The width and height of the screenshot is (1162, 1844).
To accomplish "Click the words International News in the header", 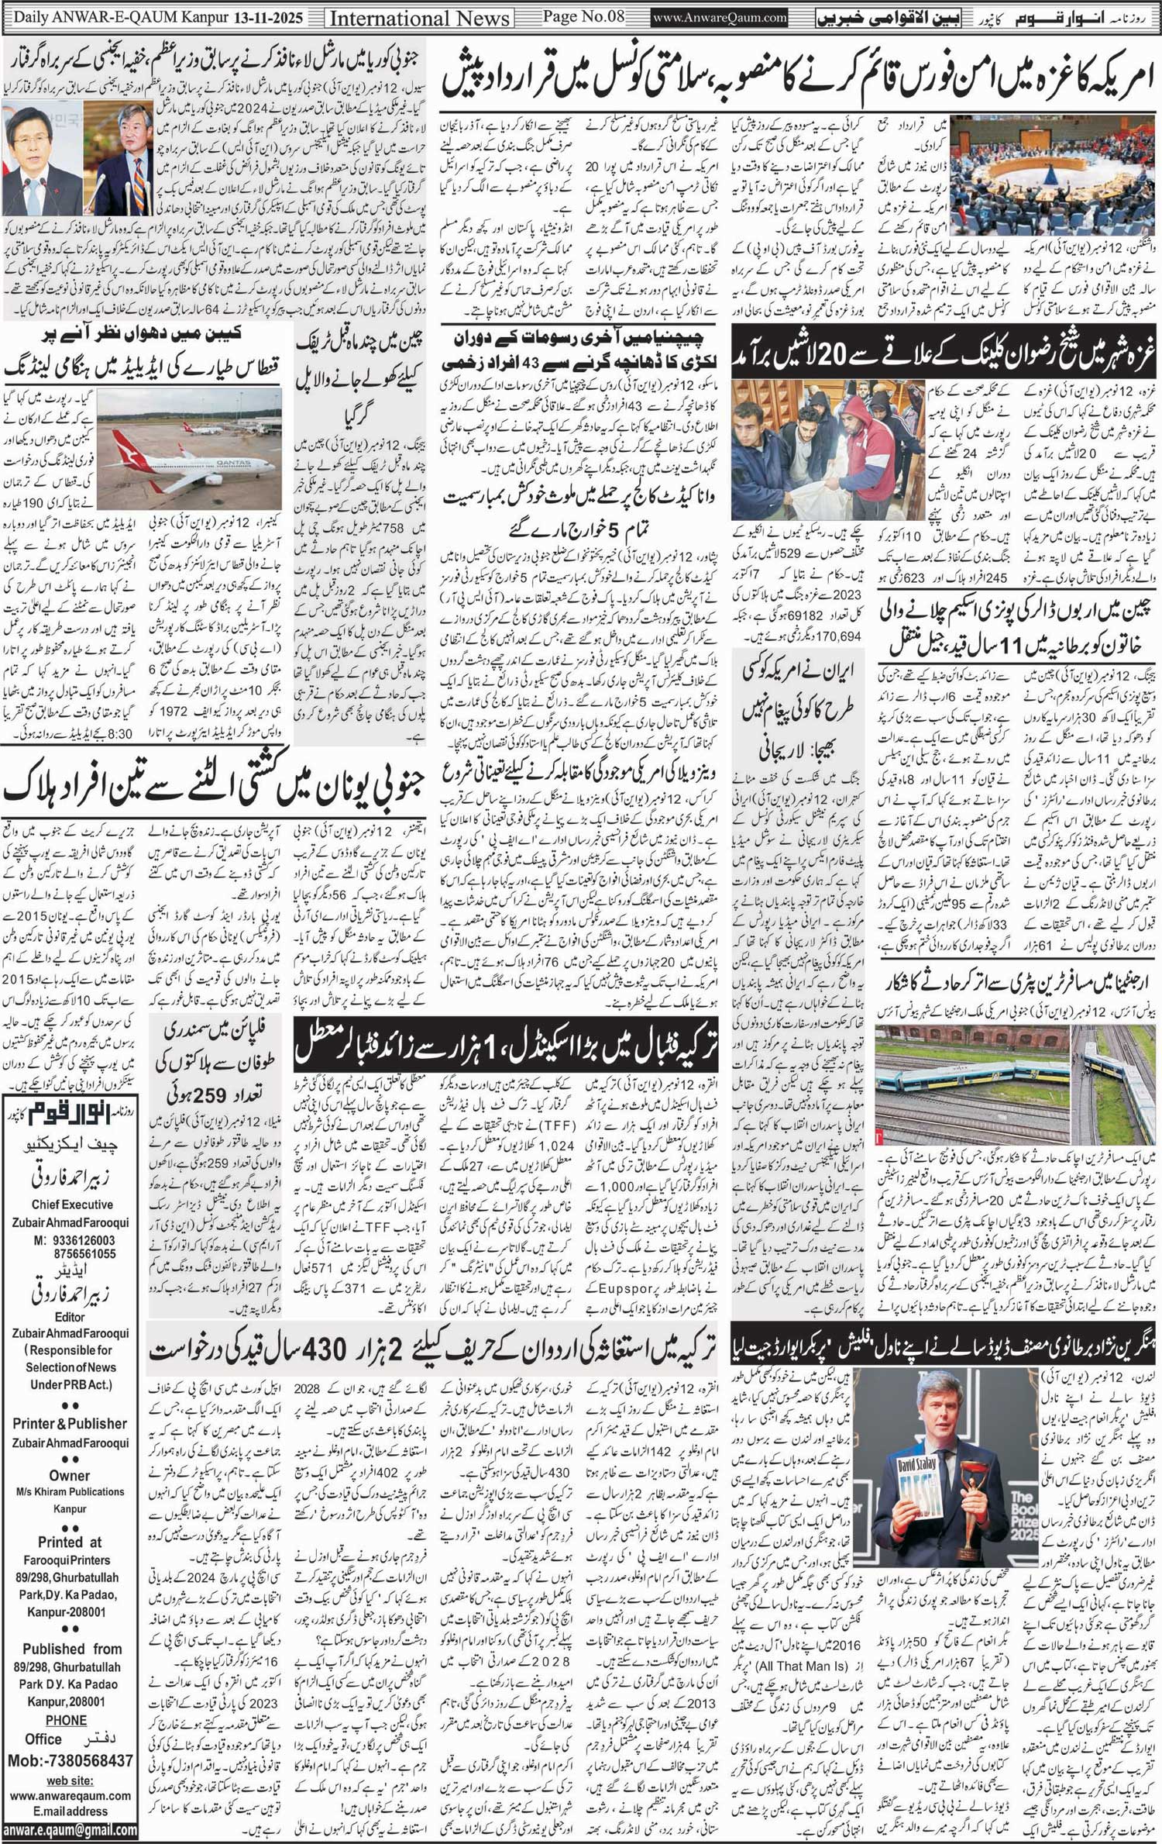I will [x=419, y=18].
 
